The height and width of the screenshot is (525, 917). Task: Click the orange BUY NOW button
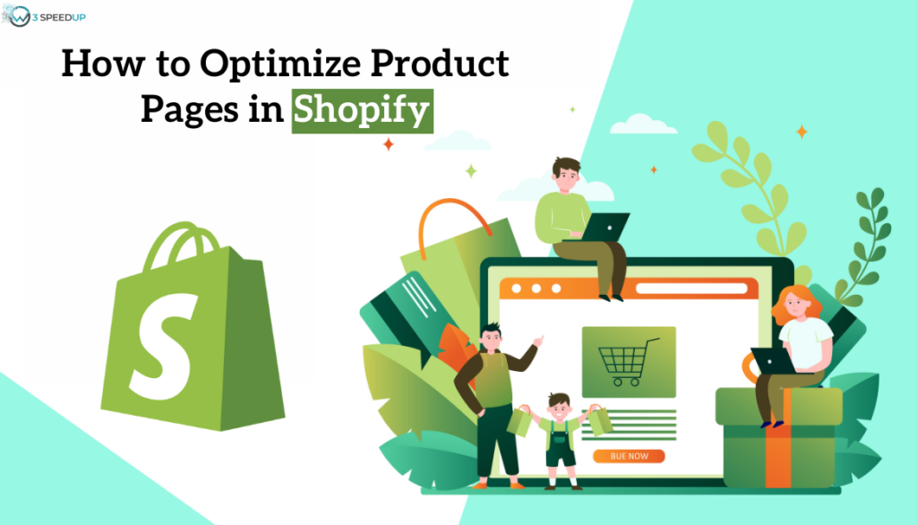[629, 456]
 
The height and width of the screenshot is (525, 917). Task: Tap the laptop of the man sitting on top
[609, 227]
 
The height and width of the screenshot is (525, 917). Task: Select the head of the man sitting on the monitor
[566, 172]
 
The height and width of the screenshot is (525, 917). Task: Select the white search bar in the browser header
[690, 288]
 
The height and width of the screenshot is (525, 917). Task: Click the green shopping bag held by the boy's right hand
[518, 420]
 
